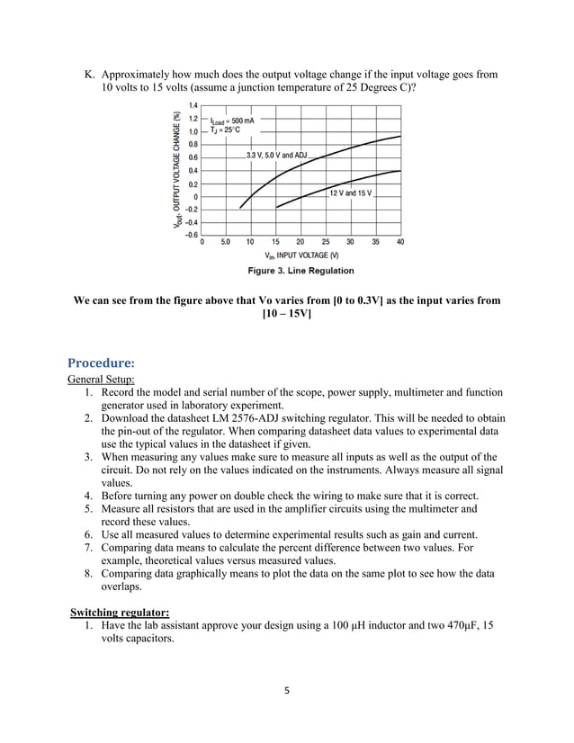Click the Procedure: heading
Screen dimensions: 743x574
pyautogui.click(x=102, y=363)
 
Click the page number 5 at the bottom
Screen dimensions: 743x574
pyautogui.click(x=286, y=693)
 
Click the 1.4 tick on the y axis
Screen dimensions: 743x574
pyautogui.click(x=193, y=106)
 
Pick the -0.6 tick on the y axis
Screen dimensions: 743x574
pyautogui.click(x=192, y=235)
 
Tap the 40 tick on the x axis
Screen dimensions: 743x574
pyautogui.click(x=399, y=242)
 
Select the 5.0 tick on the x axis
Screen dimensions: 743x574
pyautogui.click(x=225, y=242)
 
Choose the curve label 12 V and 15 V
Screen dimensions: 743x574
pyautogui.click(x=351, y=193)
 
